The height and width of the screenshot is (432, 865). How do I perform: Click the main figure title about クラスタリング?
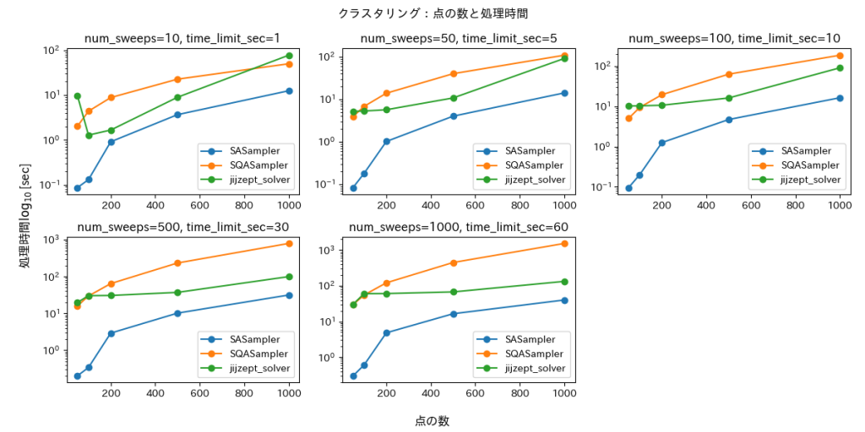pyautogui.click(x=432, y=13)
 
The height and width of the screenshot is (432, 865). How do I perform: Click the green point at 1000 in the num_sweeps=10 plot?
pyautogui.click(x=289, y=56)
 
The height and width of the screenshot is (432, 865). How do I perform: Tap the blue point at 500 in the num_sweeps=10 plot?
pyautogui.click(x=177, y=115)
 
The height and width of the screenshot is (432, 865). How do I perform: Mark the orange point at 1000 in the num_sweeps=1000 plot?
pyautogui.click(x=564, y=244)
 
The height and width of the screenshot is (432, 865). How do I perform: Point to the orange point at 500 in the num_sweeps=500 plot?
pyautogui.click(x=177, y=263)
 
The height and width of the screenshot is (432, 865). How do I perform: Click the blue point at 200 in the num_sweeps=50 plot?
pyautogui.click(x=386, y=142)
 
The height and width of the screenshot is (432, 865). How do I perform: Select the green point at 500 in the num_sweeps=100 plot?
pyautogui.click(x=728, y=98)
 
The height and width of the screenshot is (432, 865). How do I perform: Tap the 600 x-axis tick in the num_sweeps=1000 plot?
pyautogui.click(x=476, y=392)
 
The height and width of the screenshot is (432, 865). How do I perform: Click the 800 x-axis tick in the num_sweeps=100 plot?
pyautogui.click(x=796, y=204)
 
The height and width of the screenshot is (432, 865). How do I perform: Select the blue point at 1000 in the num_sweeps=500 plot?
pyautogui.click(x=289, y=295)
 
